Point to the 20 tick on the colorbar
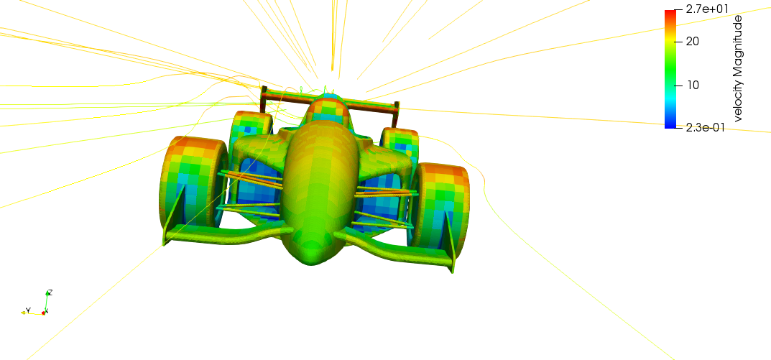pos(693,41)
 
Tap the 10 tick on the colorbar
pos(693,85)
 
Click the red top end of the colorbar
pos(670,12)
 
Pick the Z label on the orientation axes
pos(50,292)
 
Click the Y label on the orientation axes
pos(27,310)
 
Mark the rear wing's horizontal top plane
pos(327,100)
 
